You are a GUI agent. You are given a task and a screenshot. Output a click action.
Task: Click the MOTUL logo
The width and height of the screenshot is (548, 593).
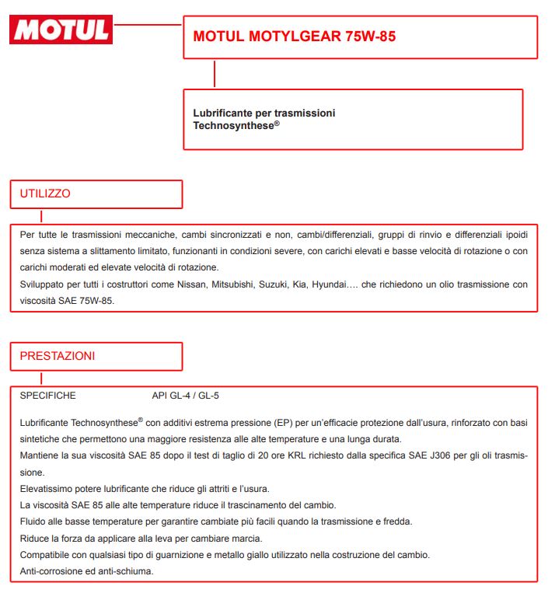(x=61, y=30)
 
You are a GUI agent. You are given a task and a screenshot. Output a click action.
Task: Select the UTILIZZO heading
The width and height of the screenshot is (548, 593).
(x=45, y=194)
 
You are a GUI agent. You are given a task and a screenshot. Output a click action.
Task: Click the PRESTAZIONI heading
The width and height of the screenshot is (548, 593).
(x=58, y=356)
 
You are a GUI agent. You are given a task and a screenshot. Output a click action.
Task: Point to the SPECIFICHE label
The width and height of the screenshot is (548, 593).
(x=48, y=396)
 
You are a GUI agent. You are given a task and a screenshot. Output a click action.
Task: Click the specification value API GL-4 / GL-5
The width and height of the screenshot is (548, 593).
(x=186, y=396)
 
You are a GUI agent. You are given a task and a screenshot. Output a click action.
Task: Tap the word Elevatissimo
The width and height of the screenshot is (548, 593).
(x=47, y=488)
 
